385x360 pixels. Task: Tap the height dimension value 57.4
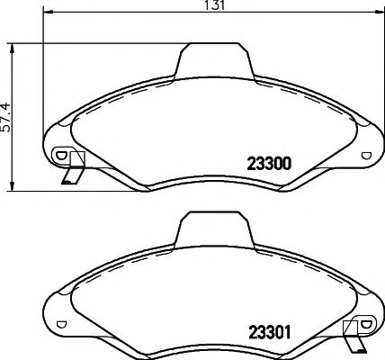[x=6, y=114]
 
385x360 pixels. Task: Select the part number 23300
[x=267, y=164]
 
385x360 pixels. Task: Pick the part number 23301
[x=267, y=329]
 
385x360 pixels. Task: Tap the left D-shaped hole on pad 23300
[x=61, y=155]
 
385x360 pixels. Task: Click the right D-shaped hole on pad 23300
[x=365, y=155]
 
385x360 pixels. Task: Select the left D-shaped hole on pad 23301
[x=61, y=322]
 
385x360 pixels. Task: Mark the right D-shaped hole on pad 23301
[x=365, y=322]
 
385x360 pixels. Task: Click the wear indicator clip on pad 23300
[x=72, y=168]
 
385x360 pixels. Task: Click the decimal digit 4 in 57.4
[x=6, y=102]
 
